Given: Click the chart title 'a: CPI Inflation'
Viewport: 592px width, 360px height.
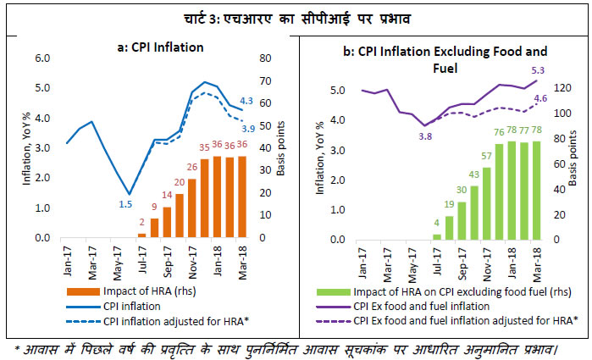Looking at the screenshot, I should point(161,47).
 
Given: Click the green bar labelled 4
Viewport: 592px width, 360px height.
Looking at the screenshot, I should point(437,235).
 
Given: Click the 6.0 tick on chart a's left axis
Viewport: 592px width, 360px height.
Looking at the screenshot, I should point(41,58).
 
